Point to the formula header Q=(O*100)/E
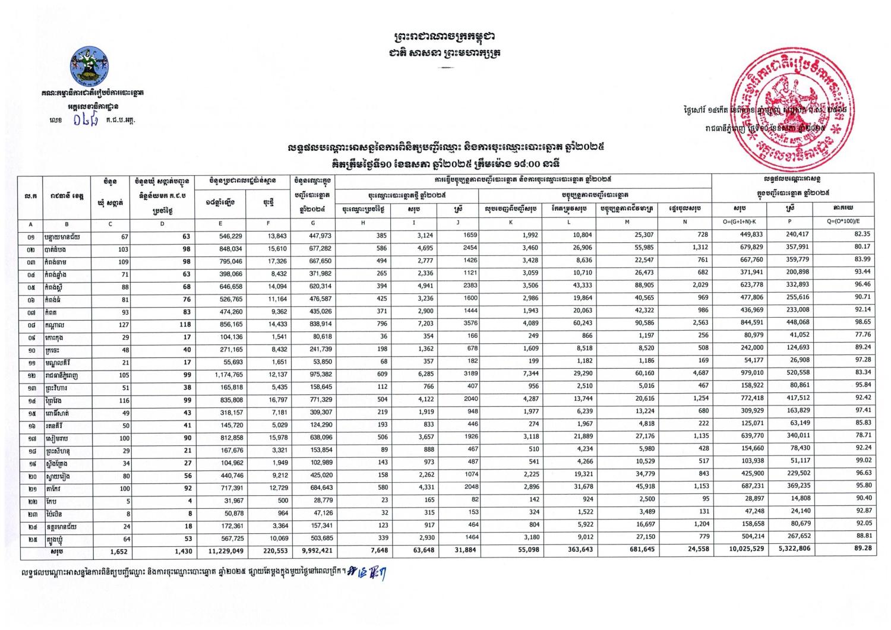click(845, 222)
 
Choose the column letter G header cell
click(313, 222)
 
